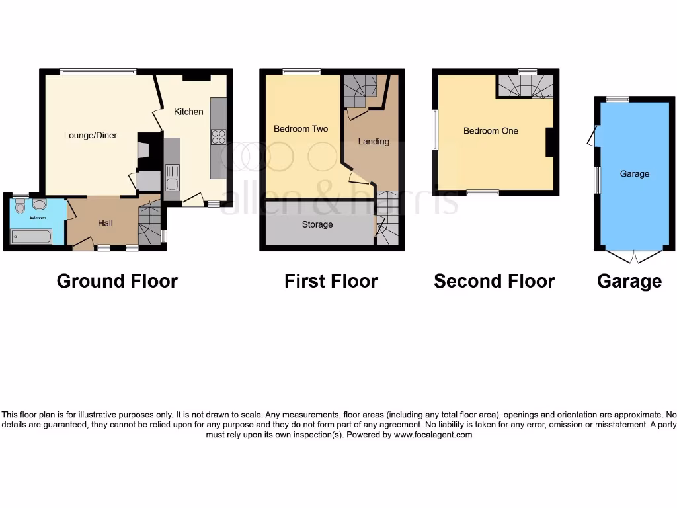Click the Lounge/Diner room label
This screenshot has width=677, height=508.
(91, 135)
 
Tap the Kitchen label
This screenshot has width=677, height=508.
(188, 112)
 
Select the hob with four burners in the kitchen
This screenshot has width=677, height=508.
(218, 137)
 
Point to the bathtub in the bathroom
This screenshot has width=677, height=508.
(32, 236)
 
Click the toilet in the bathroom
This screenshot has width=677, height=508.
(20, 206)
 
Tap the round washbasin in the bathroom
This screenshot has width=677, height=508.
(39, 204)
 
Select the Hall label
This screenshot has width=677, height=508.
(105, 223)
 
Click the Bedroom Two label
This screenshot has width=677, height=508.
(301, 128)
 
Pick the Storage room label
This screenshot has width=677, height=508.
(317, 224)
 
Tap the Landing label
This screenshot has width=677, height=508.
(374, 141)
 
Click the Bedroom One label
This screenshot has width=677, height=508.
(491, 130)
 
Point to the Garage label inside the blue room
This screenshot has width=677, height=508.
(634, 173)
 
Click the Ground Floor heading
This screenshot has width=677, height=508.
(117, 281)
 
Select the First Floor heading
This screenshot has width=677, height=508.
(331, 281)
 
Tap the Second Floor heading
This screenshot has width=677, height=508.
(494, 281)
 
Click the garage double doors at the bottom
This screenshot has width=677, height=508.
(633, 257)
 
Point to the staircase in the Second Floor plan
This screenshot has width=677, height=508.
(525, 85)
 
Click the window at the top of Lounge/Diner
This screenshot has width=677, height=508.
(98, 71)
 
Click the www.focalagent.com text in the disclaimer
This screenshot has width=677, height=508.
(433, 435)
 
